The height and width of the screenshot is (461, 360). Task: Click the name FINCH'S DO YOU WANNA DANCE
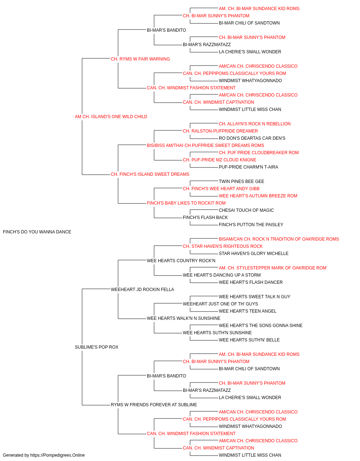(37, 232)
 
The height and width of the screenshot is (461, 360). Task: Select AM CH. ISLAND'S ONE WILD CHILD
(111, 117)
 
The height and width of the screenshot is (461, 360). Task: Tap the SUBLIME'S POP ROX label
(96, 347)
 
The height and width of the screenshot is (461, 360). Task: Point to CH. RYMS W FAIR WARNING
(140, 59)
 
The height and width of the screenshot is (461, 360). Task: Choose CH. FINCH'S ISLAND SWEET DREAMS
(150, 174)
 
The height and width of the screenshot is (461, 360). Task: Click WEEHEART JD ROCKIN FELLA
(142, 290)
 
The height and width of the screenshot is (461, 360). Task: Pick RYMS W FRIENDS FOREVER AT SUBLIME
(154, 405)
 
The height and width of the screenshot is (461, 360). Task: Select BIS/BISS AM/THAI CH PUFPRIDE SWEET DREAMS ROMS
(205, 146)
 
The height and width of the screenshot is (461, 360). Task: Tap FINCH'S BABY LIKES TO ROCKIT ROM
(186, 203)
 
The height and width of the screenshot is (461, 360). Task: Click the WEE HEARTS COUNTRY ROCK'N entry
(181, 261)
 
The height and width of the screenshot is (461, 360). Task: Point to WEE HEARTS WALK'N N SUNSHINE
(183, 318)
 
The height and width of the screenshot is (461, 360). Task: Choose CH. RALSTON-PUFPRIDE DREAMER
(220, 131)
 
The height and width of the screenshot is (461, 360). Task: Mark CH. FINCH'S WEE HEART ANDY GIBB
(221, 189)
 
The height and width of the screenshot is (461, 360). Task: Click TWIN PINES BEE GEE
(241, 182)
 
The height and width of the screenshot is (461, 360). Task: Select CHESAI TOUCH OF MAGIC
(246, 210)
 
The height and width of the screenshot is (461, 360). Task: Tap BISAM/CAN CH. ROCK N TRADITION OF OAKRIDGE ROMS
(279, 239)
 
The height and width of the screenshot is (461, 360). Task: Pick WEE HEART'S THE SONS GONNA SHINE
(261, 326)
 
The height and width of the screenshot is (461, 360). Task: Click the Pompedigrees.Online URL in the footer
(57, 455)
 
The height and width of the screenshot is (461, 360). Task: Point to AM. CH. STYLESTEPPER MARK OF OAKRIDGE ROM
(273, 268)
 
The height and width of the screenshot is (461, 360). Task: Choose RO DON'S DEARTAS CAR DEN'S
(252, 138)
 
